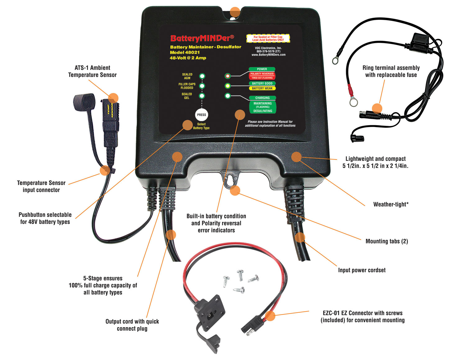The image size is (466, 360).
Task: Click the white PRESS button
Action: [x=201, y=115]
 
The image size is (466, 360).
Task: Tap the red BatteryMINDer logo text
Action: [x=202, y=38]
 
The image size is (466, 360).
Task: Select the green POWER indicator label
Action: [x=262, y=69]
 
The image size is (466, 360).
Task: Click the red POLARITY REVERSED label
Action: [x=262, y=74]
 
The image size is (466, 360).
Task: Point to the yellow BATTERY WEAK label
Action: [x=262, y=88]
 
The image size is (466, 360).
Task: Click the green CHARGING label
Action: [x=262, y=98]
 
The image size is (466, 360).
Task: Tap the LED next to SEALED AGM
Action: [x=202, y=76]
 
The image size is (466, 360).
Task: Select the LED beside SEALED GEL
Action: [x=202, y=96]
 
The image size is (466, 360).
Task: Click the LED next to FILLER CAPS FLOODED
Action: [x=202, y=86]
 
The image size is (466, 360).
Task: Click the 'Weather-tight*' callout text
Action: [x=391, y=204]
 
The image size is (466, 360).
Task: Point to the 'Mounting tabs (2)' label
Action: [x=386, y=241]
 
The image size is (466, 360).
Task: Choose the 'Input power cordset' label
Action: [x=362, y=270]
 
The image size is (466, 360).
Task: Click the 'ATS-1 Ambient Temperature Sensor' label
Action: [x=92, y=71]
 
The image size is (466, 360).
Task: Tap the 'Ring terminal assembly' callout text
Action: [x=391, y=71]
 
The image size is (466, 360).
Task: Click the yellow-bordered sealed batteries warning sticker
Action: [x=268, y=38]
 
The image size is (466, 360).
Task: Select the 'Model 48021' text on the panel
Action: [x=185, y=52]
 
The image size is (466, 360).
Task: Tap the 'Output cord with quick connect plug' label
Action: [x=132, y=325]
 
